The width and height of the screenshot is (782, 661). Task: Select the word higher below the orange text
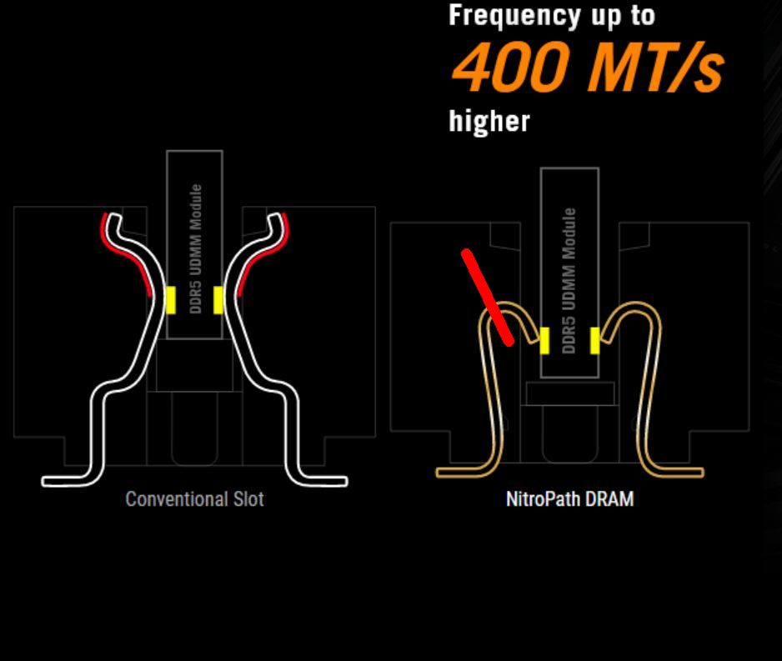(x=489, y=122)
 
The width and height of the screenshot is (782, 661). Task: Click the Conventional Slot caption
(x=194, y=499)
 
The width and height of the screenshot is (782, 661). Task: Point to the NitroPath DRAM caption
(x=569, y=499)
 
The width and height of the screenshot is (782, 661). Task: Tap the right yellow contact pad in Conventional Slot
(x=218, y=299)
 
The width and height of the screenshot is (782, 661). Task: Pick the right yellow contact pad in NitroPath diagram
(x=594, y=340)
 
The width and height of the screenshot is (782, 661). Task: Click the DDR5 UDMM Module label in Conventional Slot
(x=195, y=248)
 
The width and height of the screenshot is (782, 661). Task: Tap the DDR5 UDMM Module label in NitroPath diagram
(x=569, y=280)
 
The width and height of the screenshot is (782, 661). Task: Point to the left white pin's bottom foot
(x=67, y=480)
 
